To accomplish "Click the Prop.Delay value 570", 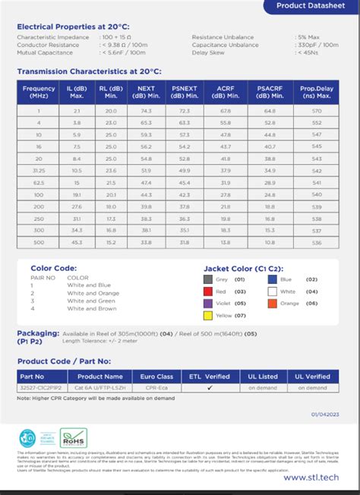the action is pos(317,110).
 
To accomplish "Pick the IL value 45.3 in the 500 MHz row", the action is pos(77,241).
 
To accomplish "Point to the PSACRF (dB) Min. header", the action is pos(269,92).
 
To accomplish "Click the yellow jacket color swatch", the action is pos(209,315).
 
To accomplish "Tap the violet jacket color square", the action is pos(209,303).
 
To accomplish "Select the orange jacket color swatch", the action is pos(272,303).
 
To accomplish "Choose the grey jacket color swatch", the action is pos(209,279).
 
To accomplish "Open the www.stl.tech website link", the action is pos(311,477).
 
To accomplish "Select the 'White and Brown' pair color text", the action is pos(92,309).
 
